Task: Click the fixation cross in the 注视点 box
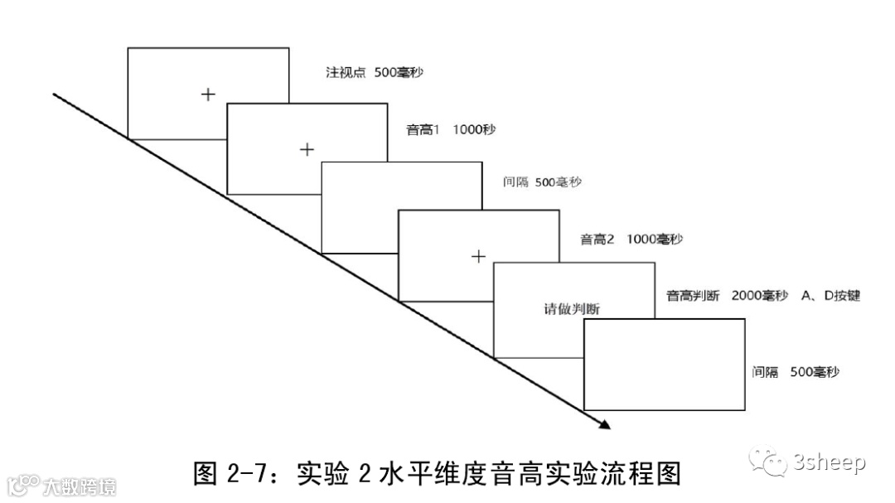pyautogui.click(x=208, y=94)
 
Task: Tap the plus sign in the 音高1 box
pyautogui.click(x=307, y=149)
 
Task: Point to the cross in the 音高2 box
pyautogui.click(x=477, y=256)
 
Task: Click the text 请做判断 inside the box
pyautogui.click(x=572, y=308)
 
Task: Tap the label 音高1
pyautogui.click(x=425, y=129)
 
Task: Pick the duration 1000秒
pyautogui.click(x=475, y=129)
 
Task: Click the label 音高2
pyautogui.click(x=597, y=239)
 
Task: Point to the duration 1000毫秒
pyautogui.click(x=655, y=239)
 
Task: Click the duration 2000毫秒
pyautogui.click(x=760, y=296)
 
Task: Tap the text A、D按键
pyautogui.click(x=830, y=296)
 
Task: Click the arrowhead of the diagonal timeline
pyautogui.click(x=604, y=424)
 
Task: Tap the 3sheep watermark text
pyautogui.click(x=829, y=462)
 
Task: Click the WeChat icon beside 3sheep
pyautogui.click(x=770, y=462)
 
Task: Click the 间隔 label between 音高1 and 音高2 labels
pyautogui.click(x=515, y=181)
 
